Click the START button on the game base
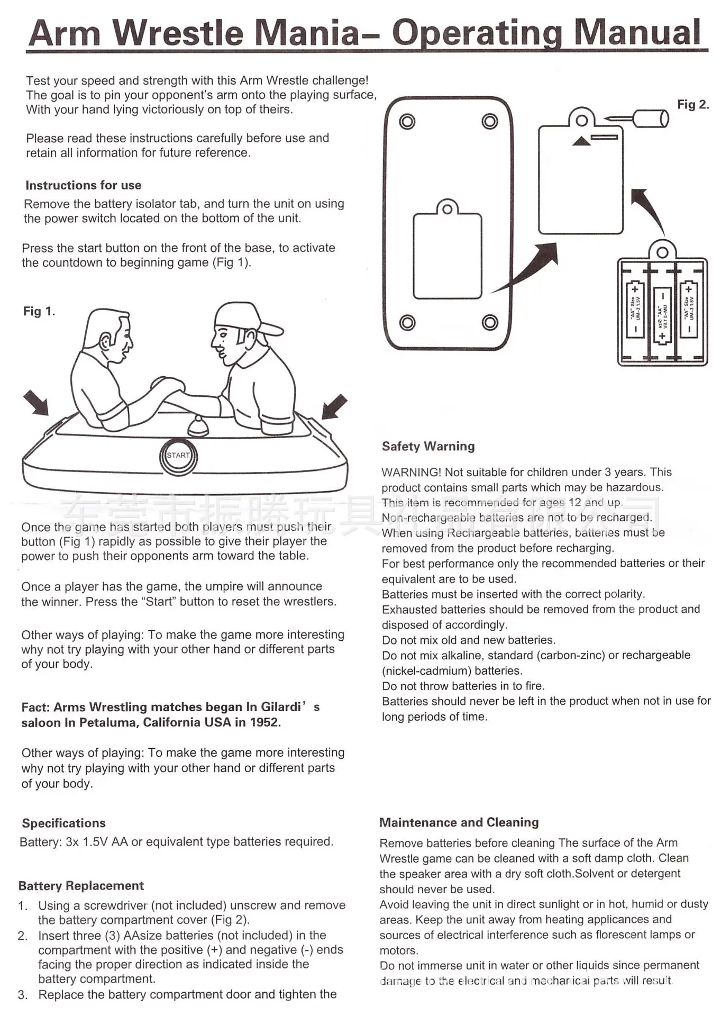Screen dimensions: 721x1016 [x=178, y=456]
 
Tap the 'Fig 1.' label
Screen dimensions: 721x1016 [x=39, y=311]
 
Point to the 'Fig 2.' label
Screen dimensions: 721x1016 [x=693, y=104]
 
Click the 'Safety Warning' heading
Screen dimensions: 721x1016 [x=428, y=446]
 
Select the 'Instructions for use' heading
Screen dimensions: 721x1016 [x=84, y=185]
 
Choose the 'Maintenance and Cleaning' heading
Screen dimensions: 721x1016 [x=459, y=822]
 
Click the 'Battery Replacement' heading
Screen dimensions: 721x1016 [x=81, y=886]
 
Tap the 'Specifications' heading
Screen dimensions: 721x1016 [x=64, y=823]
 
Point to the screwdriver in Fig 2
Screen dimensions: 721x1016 [x=637, y=118]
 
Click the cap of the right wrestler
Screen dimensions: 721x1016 [x=247, y=319]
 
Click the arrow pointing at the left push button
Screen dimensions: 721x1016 [x=36, y=403]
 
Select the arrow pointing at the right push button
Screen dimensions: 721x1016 [x=335, y=406]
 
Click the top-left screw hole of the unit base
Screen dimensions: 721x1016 [x=407, y=122]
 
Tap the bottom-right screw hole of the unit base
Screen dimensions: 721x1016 [x=490, y=322]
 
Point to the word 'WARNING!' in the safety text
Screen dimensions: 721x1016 [x=411, y=472]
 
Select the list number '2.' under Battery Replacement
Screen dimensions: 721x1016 [x=23, y=936]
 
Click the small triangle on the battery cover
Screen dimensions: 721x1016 [x=581, y=141]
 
